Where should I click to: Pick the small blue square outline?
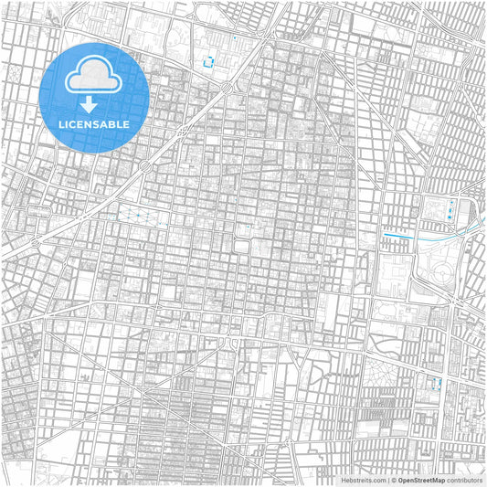coord(209,62)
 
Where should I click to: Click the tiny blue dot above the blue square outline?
coord(234,37)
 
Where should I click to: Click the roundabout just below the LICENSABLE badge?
coord(145,166)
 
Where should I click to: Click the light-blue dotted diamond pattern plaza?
coord(144,217)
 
